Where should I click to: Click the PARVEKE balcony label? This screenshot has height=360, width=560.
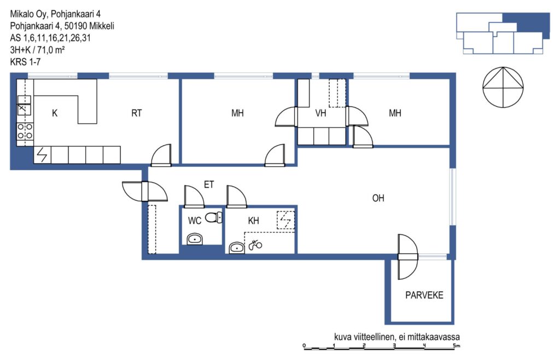[x=424, y=295]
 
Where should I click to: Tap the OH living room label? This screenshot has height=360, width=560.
[x=378, y=198]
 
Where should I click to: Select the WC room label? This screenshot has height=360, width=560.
[x=195, y=220]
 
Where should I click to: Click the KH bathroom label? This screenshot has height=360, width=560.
[x=253, y=220]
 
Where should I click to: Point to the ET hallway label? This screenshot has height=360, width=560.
[x=209, y=184]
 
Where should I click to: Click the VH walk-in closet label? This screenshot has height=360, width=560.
[x=320, y=113]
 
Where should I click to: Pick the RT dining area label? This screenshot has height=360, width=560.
[x=136, y=113]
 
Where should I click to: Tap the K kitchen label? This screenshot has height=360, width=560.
[x=55, y=113]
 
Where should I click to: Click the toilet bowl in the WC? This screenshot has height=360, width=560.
[x=214, y=217]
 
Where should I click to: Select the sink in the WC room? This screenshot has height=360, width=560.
[x=195, y=239]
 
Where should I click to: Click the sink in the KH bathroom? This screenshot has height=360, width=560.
[x=236, y=247]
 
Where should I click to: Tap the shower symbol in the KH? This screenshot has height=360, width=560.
[x=255, y=245]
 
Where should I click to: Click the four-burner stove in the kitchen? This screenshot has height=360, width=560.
[x=25, y=131]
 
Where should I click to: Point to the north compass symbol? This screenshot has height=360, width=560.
[x=503, y=87]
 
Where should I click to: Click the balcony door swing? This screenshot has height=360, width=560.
[x=408, y=257]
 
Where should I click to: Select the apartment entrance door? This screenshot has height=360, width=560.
[x=144, y=191]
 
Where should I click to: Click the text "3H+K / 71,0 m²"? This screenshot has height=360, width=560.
[x=37, y=50]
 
